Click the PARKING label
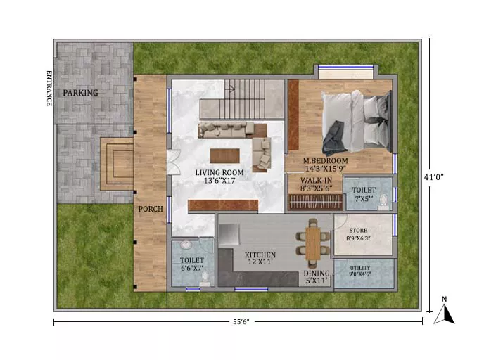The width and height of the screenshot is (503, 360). click(x=80, y=93)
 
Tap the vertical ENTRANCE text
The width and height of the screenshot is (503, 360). click(x=49, y=88)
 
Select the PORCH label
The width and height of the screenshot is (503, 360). click(x=151, y=209)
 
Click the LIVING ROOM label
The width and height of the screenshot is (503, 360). click(x=219, y=173)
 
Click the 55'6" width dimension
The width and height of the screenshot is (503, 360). click(x=241, y=321)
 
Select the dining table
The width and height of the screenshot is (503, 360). click(x=313, y=243)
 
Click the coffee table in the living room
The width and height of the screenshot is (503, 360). click(x=224, y=156)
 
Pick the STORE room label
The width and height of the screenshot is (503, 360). click(x=358, y=231)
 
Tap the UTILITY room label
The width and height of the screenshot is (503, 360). click(x=360, y=268)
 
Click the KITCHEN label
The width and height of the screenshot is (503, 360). click(x=260, y=255)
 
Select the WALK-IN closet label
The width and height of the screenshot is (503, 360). click(x=316, y=181)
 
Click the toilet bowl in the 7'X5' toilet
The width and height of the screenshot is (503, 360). click(x=383, y=202)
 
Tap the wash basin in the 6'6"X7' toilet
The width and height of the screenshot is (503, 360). click(x=186, y=245)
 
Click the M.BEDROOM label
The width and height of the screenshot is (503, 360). click(x=325, y=160)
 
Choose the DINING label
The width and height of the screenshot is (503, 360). click(x=317, y=274)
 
